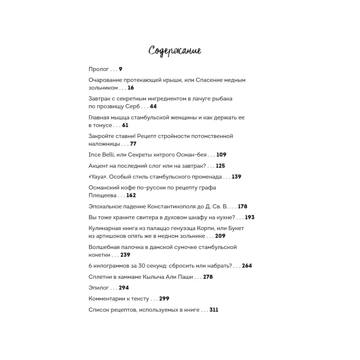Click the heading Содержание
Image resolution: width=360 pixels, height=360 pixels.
pos(175,51)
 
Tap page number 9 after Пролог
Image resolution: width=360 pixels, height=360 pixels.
pos(121,69)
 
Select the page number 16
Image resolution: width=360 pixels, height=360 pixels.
pos(131,88)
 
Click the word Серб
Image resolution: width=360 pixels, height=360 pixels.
pos(133,106)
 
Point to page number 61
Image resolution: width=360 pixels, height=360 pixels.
pos(125,125)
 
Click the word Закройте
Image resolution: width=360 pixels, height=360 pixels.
pos(101,136)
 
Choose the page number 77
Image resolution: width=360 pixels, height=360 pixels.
pos(133,144)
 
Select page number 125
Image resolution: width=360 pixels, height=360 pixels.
pos(220,166)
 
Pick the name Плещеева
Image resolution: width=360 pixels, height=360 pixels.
pos(102,196)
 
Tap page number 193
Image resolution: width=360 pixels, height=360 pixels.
pos(250,217)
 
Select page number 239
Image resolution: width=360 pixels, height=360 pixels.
pos(125,255)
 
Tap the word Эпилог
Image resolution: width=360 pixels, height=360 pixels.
pos(99,288)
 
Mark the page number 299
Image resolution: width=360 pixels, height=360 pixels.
pos(164,299)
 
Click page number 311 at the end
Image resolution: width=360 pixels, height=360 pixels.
pos(214,310)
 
